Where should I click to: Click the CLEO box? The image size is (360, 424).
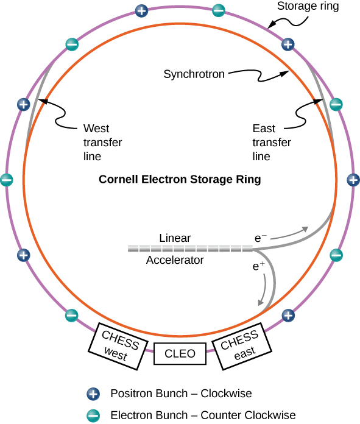179,353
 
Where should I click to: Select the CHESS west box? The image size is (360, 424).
120,345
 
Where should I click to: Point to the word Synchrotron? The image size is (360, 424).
194,74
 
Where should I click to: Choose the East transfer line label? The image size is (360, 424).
272,143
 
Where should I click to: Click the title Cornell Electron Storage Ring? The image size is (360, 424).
180,180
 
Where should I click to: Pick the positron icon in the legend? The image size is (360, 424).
93,394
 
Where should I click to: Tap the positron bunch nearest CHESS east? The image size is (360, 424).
288,315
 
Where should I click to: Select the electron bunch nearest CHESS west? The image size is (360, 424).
71,315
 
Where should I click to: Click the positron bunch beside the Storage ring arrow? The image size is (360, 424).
288,44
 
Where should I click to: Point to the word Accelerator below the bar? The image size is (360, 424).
175,260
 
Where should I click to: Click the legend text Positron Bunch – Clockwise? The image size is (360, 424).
180,393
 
